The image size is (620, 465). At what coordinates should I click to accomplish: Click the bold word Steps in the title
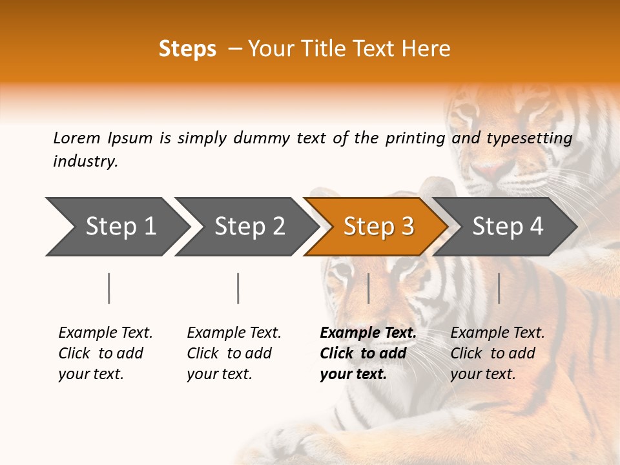pos(187,49)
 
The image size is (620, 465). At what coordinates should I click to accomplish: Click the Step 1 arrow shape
pos(116,227)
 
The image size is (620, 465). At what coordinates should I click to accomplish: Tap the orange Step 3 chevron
pos(378,227)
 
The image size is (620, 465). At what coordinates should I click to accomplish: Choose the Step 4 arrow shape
pos(507,227)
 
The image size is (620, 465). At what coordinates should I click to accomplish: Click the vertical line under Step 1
pos(109,288)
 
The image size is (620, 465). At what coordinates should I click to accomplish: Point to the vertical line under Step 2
pos(238,288)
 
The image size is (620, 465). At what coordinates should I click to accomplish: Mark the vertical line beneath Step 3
pos(368,288)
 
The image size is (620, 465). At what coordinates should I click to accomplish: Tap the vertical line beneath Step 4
pos(499,288)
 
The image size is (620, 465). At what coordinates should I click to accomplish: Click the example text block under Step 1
pos(105,353)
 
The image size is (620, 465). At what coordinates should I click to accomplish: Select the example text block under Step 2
pos(233,353)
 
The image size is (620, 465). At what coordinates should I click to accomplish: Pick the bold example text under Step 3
pos(367,353)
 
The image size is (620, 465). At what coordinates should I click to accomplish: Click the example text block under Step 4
pos(497,353)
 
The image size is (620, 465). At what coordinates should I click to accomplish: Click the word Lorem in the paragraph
pos(77,138)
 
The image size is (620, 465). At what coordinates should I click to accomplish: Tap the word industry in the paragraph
pos(85,161)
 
